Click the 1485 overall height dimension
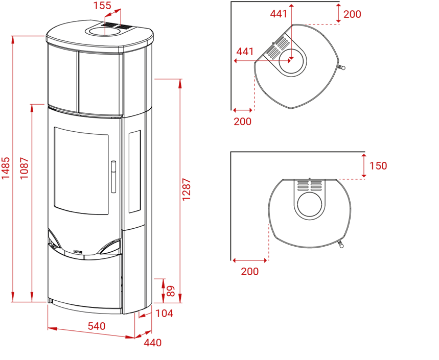point(6,168)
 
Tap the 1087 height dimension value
point(25,168)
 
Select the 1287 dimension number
point(186,189)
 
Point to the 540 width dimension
point(97,326)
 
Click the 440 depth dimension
point(153,342)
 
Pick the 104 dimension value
point(165,313)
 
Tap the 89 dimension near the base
point(171,291)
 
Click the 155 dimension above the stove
point(102,5)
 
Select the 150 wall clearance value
point(378,165)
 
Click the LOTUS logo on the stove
point(78,252)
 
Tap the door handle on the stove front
point(113,177)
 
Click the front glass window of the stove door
point(81,171)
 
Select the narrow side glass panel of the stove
point(134,172)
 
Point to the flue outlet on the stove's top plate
point(105,31)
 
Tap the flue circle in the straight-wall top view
point(310,204)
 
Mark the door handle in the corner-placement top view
point(341,67)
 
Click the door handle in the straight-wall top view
point(340,244)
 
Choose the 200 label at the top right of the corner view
point(352,14)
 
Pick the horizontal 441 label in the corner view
point(245,52)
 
